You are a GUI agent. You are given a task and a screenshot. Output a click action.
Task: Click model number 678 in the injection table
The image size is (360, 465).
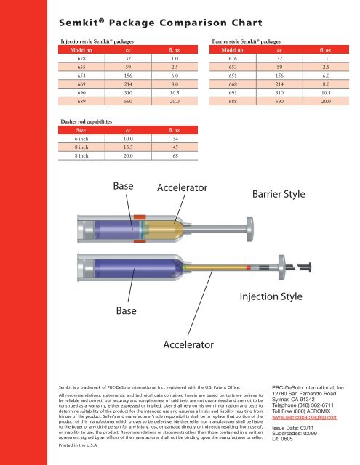[x=81, y=58]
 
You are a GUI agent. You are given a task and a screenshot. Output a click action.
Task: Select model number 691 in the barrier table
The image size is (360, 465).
[x=233, y=92]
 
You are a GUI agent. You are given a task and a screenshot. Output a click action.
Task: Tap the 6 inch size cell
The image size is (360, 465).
[x=81, y=139]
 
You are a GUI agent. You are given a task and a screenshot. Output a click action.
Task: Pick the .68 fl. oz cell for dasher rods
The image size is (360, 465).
[x=175, y=155]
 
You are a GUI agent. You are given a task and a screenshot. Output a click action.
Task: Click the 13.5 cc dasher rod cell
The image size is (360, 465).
[x=128, y=147]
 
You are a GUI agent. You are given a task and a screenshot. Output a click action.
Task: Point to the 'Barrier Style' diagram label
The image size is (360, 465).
[x=279, y=194]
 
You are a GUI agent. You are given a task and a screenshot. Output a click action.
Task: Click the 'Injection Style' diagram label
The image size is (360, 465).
[x=271, y=296]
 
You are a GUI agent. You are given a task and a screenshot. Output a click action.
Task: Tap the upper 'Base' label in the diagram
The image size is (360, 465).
[x=123, y=186]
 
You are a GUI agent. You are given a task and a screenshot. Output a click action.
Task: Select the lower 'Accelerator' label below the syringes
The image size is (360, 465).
[x=188, y=344]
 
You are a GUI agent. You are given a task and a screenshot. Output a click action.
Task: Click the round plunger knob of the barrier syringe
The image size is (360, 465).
[x=250, y=229]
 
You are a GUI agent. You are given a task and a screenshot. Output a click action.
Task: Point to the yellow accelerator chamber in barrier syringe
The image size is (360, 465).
[x=164, y=230]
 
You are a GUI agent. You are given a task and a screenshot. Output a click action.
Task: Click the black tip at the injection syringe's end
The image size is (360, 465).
[x=305, y=267]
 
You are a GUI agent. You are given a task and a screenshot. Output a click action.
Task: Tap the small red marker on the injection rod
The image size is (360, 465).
[x=249, y=267]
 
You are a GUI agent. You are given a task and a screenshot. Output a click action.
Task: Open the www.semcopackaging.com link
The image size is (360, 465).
[x=305, y=417]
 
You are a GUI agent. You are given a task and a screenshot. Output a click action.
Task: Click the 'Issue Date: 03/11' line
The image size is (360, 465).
[x=292, y=428]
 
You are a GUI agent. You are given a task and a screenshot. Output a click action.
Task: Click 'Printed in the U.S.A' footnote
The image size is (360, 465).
[x=78, y=445]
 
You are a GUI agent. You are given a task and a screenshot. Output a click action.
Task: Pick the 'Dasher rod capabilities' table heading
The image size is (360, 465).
[x=87, y=121]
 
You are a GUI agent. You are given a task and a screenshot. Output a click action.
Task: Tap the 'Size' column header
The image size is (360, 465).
[x=81, y=130]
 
